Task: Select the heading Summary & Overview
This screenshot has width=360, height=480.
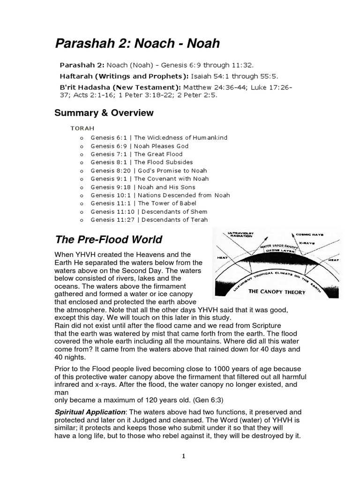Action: tap(104, 113)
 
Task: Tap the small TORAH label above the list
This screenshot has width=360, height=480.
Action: tap(82, 127)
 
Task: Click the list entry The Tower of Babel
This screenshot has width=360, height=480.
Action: tap(167, 203)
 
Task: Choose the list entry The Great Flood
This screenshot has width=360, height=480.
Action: tap(160, 154)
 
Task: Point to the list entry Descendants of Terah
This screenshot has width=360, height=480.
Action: tap(174, 220)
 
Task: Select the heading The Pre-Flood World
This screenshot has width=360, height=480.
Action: tap(108, 240)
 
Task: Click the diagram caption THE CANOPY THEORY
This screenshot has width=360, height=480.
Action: tap(277, 292)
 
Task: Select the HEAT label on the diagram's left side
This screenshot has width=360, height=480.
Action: tap(223, 257)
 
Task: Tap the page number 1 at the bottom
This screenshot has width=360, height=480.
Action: tap(184, 457)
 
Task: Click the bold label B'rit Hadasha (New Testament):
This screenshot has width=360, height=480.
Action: tap(120, 87)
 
